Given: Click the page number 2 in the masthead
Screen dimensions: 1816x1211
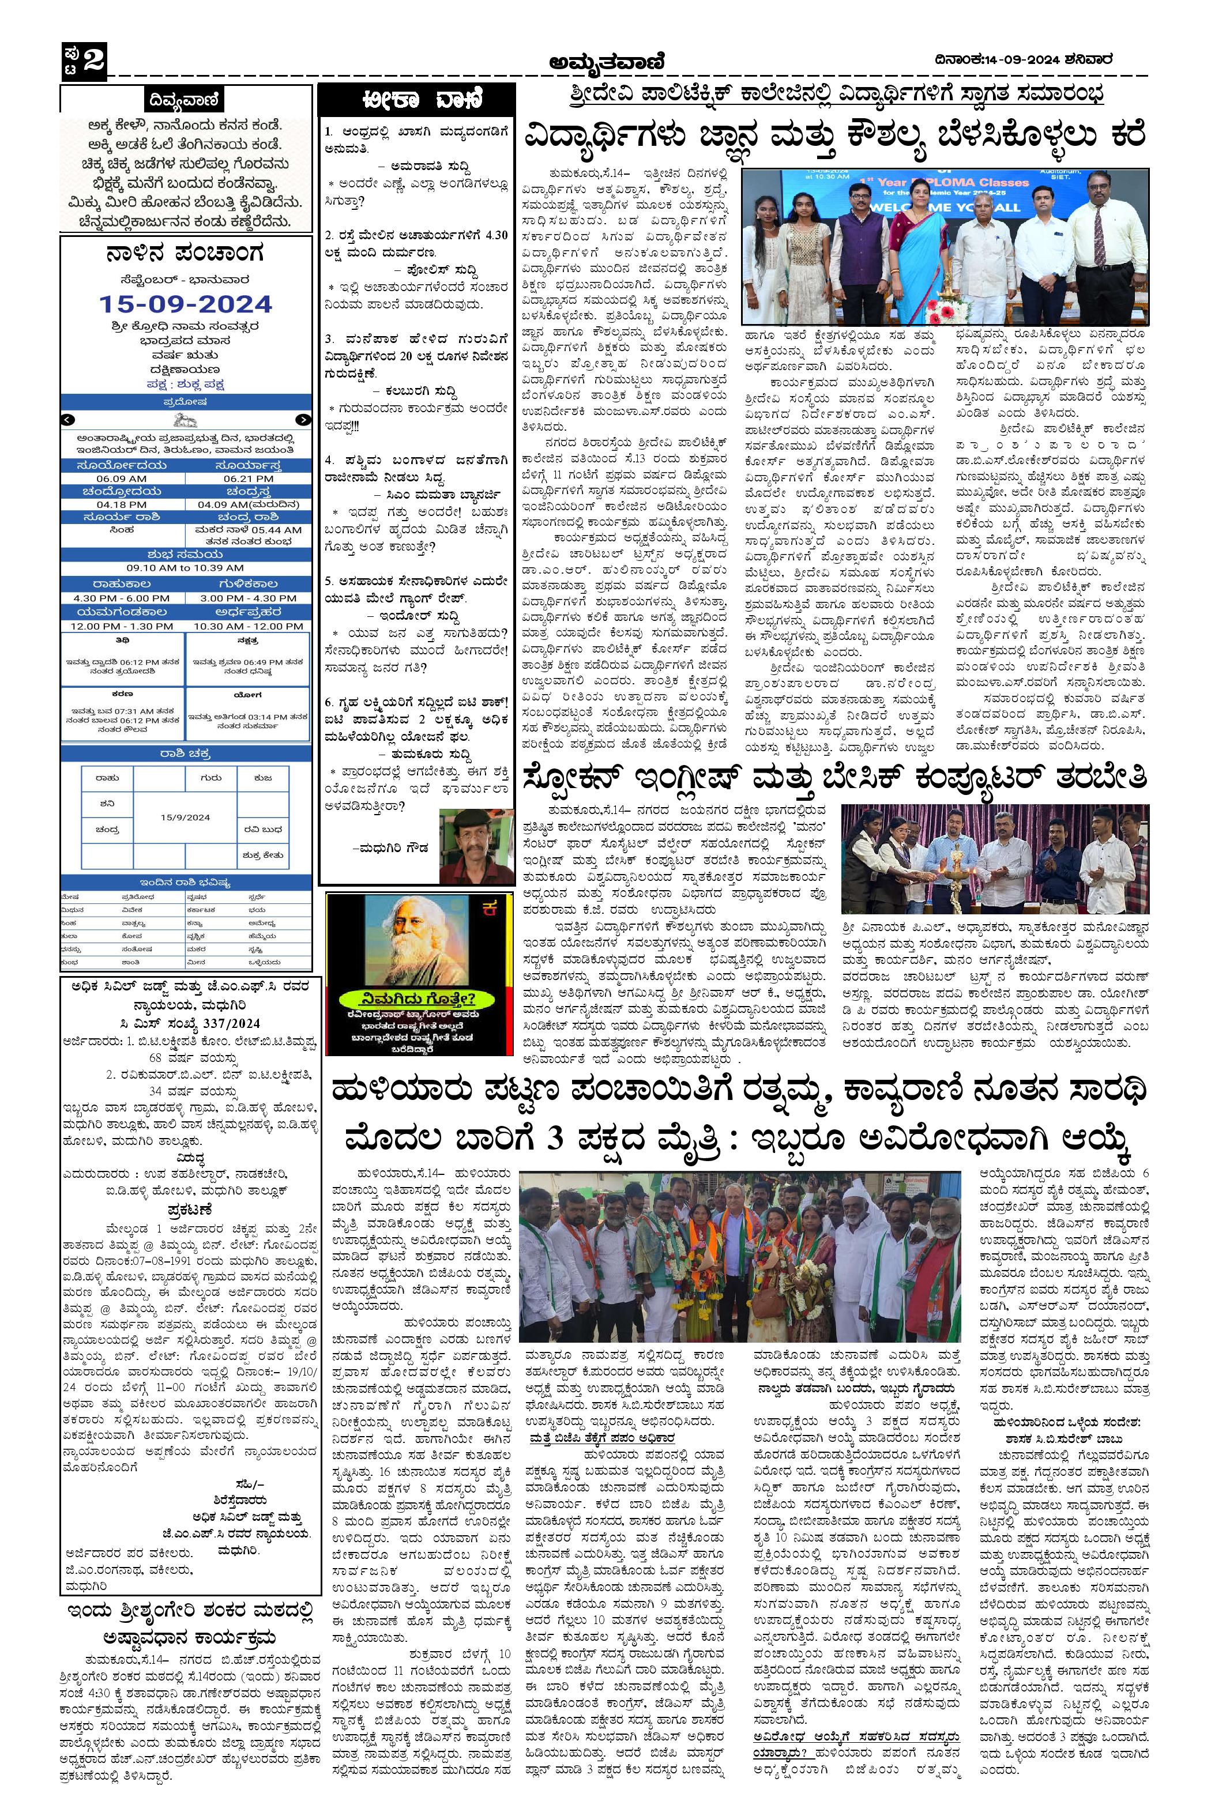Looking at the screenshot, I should [x=93, y=59].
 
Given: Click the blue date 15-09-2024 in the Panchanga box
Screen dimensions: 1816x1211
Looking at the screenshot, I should [x=185, y=303].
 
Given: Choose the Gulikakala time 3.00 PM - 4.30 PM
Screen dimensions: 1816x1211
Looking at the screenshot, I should [x=249, y=598].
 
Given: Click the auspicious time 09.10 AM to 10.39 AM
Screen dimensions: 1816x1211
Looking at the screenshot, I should [x=185, y=567].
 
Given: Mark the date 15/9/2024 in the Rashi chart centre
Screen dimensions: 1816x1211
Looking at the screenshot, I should [x=185, y=817].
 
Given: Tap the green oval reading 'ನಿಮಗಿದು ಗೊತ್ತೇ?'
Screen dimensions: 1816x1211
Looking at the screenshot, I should [x=409, y=996].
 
